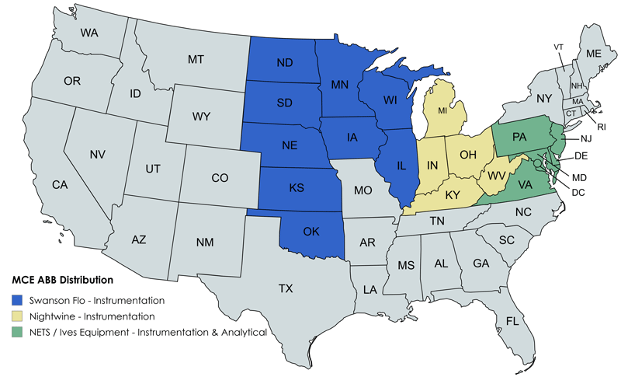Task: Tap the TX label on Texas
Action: [x=286, y=288]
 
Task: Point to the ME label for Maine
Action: [x=594, y=54]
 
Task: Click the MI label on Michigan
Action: [x=443, y=110]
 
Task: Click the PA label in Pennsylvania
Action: [x=520, y=137]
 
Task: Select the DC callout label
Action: [x=578, y=192]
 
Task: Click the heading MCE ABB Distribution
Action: [x=62, y=279]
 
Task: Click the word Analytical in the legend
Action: [x=240, y=332]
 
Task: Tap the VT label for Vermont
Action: [x=558, y=47]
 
